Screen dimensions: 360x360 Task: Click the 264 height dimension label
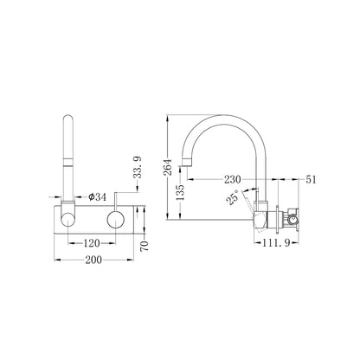pyautogui.click(x=168, y=167)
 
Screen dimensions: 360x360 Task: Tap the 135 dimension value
pyautogui.click(x=180, y=192)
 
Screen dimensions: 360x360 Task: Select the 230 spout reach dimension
pyautogui.click(x=233, y=179)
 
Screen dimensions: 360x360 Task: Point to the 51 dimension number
pyautogui.click(x=311, y=179)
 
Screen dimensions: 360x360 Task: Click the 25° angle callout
pyautogui.click(x=233, y=197)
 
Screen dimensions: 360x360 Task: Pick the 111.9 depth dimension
pyautogui.click(x=276, y=243)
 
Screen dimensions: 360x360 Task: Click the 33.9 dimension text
pyautogui.click(x=138, y=167)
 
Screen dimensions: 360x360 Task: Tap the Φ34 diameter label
pyautogui.click(x=97, y=197)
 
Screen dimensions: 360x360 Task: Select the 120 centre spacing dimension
pyautogui.click(x=92, y=243)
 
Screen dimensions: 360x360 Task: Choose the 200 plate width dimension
pyautogui.click(x=93, y=260)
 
